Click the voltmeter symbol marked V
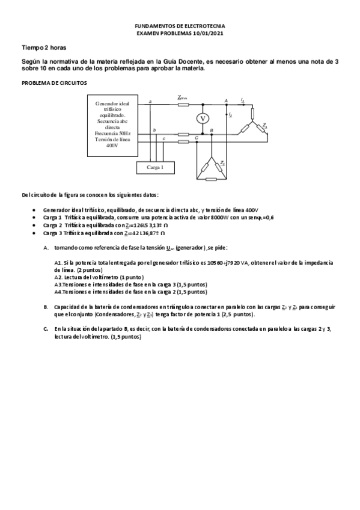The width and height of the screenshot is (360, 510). pos(203,118)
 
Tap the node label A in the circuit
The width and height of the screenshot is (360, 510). pos(226,100)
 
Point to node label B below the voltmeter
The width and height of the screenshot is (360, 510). pos(210,131)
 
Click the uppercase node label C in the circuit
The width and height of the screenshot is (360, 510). pos(197,138)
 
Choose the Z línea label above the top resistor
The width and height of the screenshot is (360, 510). pos(182,97)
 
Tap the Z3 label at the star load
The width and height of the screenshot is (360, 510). pos(265,126)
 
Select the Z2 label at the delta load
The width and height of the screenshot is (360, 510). pos(222,163)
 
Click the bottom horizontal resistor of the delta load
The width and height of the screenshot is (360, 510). pos(210,179)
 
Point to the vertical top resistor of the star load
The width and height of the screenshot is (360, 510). pos(253,114)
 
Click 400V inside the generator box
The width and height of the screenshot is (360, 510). pos(112,146)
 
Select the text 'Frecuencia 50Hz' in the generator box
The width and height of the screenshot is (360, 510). pos(112,133)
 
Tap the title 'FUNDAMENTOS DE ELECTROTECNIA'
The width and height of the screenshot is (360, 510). pos(180,28)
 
